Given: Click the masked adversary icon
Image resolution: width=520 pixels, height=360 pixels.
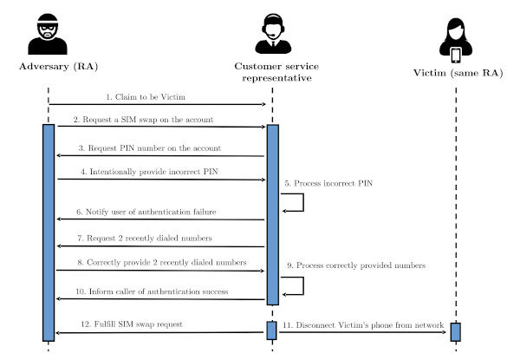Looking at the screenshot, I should coord(48,36).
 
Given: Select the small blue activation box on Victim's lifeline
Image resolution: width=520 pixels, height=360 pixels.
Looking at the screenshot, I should coord(455,332).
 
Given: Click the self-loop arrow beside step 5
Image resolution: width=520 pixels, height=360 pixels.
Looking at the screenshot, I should coord(294,202).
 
